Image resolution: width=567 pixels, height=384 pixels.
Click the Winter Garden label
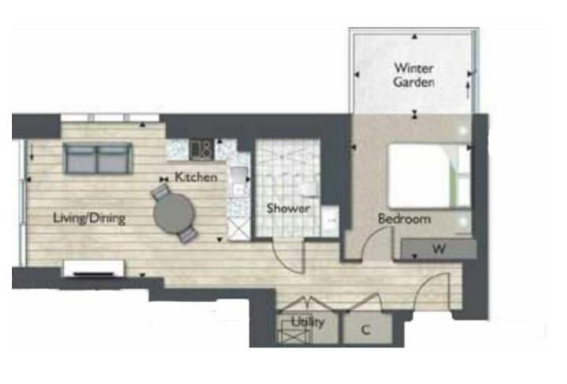tap(413, 75)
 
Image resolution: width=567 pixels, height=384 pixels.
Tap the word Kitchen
tap(196, 177)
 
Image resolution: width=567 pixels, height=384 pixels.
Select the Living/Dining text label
tap(89, 218)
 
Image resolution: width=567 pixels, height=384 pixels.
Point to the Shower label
tap(288, 208)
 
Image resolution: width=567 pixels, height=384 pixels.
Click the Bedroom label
tap(404, 219)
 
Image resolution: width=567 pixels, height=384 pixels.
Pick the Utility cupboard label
tap(308, 322)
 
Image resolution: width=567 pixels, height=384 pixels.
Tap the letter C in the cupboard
tap(366, 330)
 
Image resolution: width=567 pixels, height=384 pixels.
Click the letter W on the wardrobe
tap(439, 249)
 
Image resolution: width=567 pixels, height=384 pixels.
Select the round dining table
tap(174, 213)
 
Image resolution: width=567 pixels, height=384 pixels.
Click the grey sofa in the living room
tap(98, 158)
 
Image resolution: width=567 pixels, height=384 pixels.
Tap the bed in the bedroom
tap(429, 176)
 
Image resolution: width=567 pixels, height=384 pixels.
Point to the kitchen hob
tap(201, 150)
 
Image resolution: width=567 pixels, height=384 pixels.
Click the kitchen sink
tap(239, 180)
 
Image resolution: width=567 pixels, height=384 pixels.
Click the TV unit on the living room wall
tap(94, 268)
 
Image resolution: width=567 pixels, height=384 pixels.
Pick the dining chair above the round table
tap(161, 191)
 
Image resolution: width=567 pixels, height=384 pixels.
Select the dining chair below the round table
tap(187, 234)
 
